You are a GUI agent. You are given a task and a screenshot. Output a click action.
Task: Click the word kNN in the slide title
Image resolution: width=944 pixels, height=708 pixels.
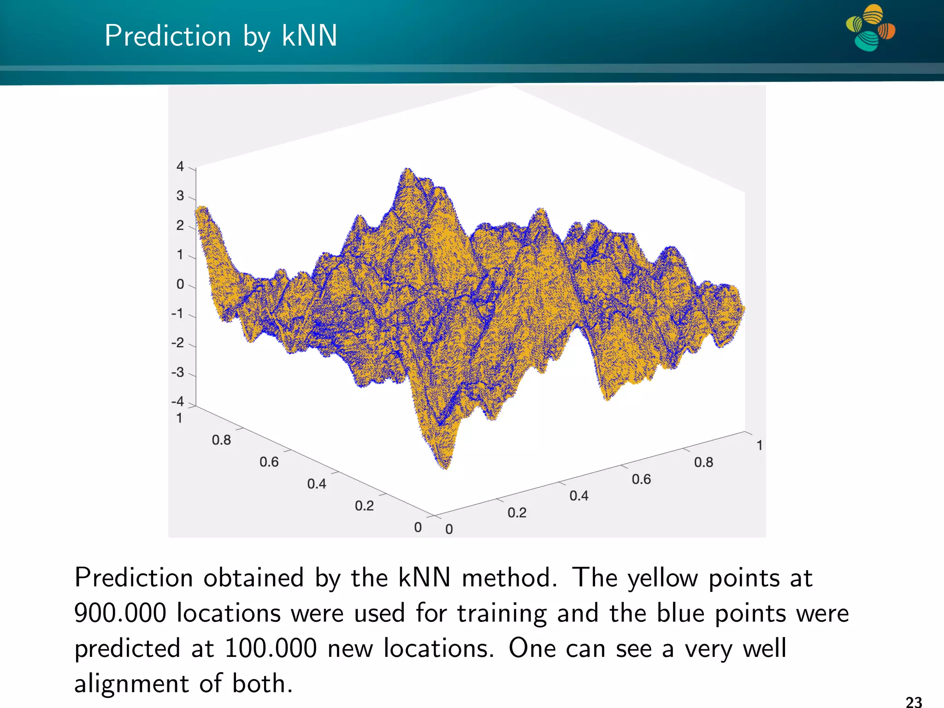pyautogui.click(x=309, y=36)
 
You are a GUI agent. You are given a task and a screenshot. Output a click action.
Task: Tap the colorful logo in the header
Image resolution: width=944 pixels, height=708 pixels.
pyautogui.click(x=870, y=28)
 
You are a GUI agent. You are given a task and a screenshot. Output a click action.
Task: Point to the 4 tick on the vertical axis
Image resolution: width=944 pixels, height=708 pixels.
pyautogui.click(x=180, y=166)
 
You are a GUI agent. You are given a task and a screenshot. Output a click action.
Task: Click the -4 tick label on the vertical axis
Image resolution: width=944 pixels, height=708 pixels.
pyautogui.click(x=177, y=401)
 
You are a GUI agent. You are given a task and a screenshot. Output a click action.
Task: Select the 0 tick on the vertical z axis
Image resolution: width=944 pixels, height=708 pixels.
pyautogui.click(x=180, y=284)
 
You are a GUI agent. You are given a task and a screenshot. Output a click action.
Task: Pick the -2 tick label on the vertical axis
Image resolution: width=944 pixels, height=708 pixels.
pyautogui.click(x=177, y=343)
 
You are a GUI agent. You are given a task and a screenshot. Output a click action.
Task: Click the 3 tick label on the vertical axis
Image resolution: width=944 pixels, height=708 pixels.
pyautogui.click(x=180, y=196)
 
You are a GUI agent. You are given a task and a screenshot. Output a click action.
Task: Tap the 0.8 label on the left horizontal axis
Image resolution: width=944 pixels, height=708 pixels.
pyautogui.click(x=221, y=440)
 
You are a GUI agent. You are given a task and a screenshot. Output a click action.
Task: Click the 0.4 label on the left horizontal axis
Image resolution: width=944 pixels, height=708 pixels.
pyautogui.click(x=317, y=484)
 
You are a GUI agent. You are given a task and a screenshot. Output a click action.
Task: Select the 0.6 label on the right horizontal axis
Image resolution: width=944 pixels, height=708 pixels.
pyautogui.click(x=641, y=479)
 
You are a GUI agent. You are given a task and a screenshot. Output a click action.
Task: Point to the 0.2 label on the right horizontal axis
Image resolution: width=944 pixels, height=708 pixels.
pyautogui.click(x=517, y=513)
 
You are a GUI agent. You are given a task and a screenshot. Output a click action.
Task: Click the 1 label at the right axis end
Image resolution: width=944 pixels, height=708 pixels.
pyautogui.click(x=759, y=445)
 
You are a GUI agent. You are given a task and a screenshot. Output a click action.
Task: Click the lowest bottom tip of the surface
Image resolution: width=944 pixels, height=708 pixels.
pyautogui.click(x=445, y=467)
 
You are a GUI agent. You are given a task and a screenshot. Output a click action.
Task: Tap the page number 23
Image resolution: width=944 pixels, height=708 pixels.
pyautogui.click(x=914, y=702)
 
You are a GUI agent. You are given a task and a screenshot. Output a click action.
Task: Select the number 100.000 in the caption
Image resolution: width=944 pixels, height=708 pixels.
pyautogui.click(x=271, y=649)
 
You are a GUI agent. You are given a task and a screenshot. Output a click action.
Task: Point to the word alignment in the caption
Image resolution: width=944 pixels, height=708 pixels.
pyautogui.click(x=131, y=684)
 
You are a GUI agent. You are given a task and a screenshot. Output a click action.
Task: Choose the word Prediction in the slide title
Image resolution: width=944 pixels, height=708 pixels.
pyautogui.click(x=168, y=36)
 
